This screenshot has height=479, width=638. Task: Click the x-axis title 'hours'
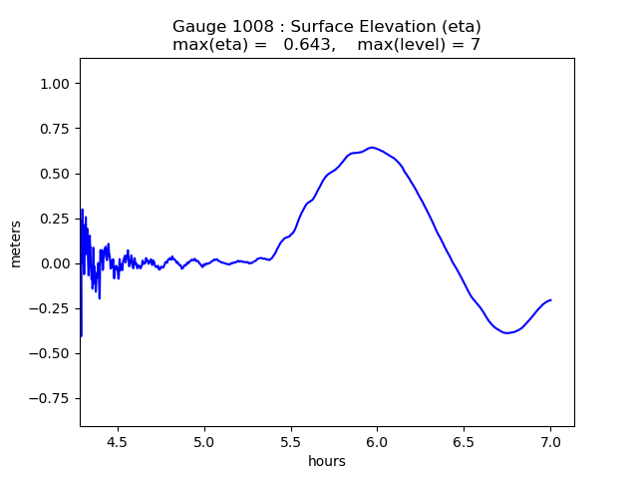327,461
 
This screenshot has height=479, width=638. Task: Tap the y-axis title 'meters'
16,242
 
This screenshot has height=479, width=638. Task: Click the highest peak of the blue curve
372,148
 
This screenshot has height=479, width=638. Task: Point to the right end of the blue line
550,299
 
